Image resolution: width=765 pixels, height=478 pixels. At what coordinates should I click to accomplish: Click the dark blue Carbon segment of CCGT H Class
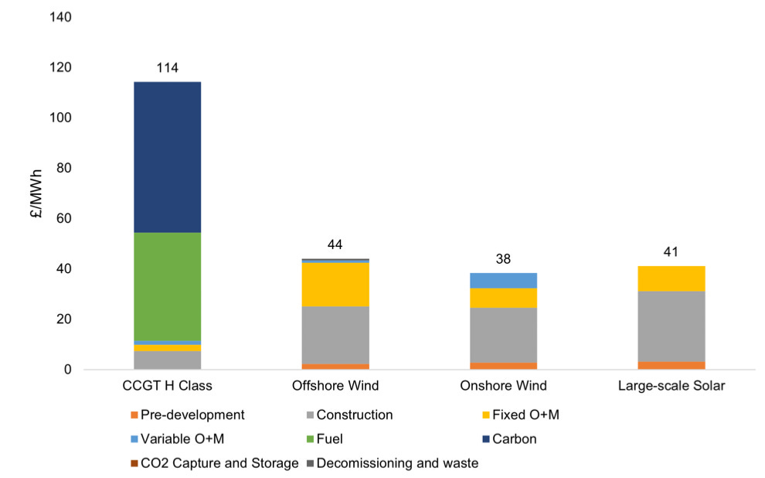168,157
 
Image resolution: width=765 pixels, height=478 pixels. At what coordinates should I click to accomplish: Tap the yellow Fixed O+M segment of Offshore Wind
335,285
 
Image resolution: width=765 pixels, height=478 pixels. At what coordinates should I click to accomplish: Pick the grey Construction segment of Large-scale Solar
671,326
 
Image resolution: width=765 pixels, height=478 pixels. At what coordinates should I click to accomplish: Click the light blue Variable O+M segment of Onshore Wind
503,280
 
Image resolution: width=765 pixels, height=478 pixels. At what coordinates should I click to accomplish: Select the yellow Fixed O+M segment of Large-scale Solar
671,278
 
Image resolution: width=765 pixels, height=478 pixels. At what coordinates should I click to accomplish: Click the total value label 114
168,68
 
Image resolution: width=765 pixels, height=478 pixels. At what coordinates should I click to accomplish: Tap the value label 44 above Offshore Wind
335,244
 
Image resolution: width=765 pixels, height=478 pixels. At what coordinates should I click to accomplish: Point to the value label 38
503,259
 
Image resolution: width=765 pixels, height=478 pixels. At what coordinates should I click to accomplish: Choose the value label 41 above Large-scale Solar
671,251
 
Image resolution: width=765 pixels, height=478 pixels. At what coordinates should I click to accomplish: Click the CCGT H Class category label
168,386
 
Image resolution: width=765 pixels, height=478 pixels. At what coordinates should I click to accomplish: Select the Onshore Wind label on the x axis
503,386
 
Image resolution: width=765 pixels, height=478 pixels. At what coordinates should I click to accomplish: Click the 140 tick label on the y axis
61,17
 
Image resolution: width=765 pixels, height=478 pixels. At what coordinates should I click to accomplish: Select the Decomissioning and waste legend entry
397,463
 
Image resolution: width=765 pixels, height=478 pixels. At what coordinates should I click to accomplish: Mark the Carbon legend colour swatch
483,439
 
